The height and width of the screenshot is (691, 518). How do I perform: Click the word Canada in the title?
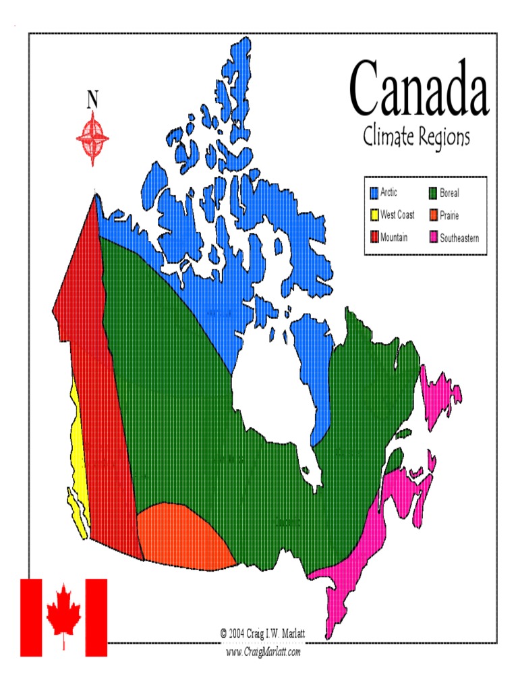coord(418,88)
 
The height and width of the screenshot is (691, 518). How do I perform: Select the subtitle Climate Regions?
coord(416,138)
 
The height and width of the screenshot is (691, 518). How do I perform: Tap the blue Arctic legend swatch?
coord(374,193)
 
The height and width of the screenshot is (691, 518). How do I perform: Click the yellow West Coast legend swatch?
coord(374,215)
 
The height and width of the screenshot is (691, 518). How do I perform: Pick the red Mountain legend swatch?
coord(374,238)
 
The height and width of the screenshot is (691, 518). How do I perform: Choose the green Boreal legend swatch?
coord(433,193)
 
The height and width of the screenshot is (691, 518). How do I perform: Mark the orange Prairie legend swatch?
coord(433,215)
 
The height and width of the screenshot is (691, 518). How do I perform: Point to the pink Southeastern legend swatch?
coord(433,238)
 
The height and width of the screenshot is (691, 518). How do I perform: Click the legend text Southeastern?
coord(459,238)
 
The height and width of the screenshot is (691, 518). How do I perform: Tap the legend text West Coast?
coord(397,215)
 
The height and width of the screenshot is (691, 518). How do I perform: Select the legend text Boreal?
coord(449,193)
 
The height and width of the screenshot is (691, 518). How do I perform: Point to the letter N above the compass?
coord(92,100)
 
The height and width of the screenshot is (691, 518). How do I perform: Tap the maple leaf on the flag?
coord(63,615)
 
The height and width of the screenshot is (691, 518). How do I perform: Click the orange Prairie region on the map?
coord(183,536)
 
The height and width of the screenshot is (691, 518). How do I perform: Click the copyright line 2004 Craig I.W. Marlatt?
coord(263,634)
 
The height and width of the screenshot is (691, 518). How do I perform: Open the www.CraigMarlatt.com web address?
coord(263,652)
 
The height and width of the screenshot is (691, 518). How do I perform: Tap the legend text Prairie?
coord(449,215)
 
